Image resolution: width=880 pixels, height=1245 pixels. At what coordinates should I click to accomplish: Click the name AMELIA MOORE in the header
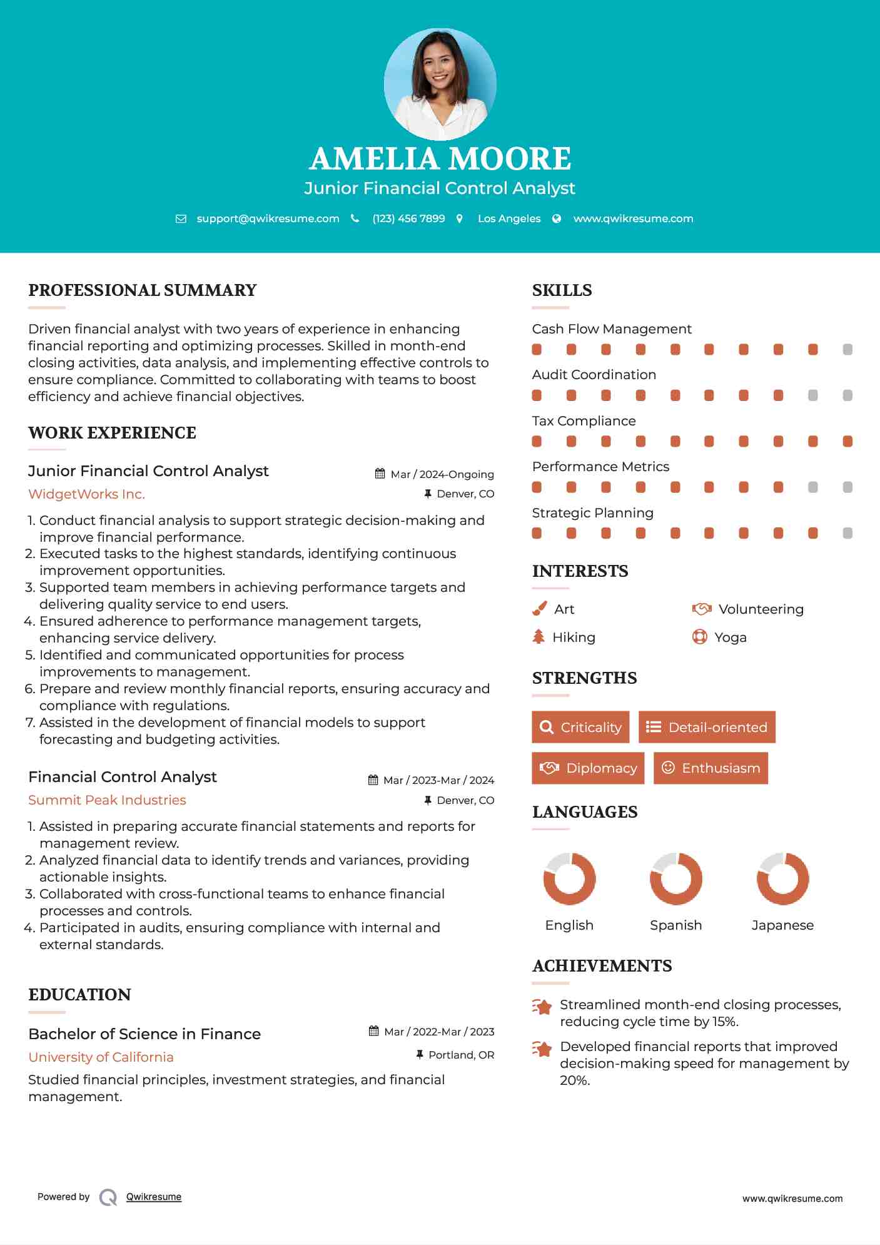click(440, 158)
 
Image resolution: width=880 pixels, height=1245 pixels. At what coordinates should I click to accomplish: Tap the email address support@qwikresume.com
click(268, 218)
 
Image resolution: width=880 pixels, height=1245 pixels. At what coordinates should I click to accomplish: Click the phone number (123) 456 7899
click(408, 218)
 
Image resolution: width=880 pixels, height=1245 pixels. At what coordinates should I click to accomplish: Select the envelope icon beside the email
click(181, 219)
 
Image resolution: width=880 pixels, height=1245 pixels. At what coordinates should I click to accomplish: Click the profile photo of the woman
click(440, 84)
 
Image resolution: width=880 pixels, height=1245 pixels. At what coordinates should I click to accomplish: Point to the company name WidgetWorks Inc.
click(86, 494)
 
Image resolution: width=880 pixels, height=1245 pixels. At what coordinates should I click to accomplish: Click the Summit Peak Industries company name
click(107, 800)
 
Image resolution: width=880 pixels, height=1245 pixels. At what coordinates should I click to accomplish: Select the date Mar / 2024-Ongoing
click(442, 474)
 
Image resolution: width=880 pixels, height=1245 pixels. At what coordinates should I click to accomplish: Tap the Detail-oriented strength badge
click(707, 727)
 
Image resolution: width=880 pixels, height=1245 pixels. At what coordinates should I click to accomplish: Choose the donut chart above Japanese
click(782, 878)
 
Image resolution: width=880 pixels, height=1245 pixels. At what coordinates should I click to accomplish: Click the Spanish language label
click(675, 925)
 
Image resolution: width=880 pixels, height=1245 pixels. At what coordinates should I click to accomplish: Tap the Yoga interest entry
click(730, 638)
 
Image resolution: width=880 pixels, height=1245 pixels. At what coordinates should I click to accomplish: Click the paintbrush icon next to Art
click(539, 609)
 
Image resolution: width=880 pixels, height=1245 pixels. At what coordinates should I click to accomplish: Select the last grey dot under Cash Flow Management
click(847, 350)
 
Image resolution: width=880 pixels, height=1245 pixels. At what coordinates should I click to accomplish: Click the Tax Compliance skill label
click(584, 421)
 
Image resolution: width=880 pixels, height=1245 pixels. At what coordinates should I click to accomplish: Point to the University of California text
click(101, 1057)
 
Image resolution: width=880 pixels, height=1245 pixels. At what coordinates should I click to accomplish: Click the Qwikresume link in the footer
click(154, 1197)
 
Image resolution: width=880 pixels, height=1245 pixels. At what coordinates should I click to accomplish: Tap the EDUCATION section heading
click(79, 995)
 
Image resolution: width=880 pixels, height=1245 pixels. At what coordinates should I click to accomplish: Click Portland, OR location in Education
click(461, 1055)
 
